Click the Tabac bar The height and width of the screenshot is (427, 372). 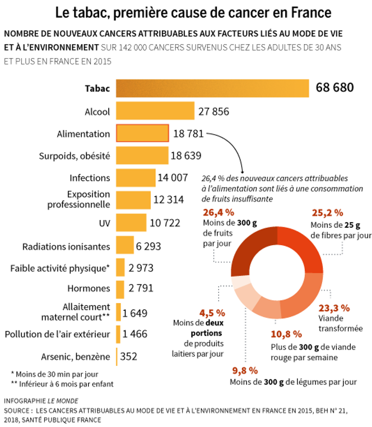coord(212,89)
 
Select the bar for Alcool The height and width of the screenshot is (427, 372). coord(155,111)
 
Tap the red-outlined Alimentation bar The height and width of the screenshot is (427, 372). coord(142,134)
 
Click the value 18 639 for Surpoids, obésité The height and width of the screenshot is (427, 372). coord(187,155)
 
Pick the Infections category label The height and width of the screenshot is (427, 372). coord(90,178)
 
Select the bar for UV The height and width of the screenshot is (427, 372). coord(131,222)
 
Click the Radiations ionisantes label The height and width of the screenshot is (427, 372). coord(66,246)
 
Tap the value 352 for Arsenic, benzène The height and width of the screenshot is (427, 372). coord(129,356)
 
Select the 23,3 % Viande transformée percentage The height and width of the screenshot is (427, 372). coord(334,307)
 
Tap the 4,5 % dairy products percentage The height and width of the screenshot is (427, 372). coord(212,312)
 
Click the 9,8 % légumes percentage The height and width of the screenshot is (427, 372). coord(245,370)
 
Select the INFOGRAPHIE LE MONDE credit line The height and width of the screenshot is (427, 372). coord(41,401)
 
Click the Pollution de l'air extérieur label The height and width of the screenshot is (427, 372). coord(57,334)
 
